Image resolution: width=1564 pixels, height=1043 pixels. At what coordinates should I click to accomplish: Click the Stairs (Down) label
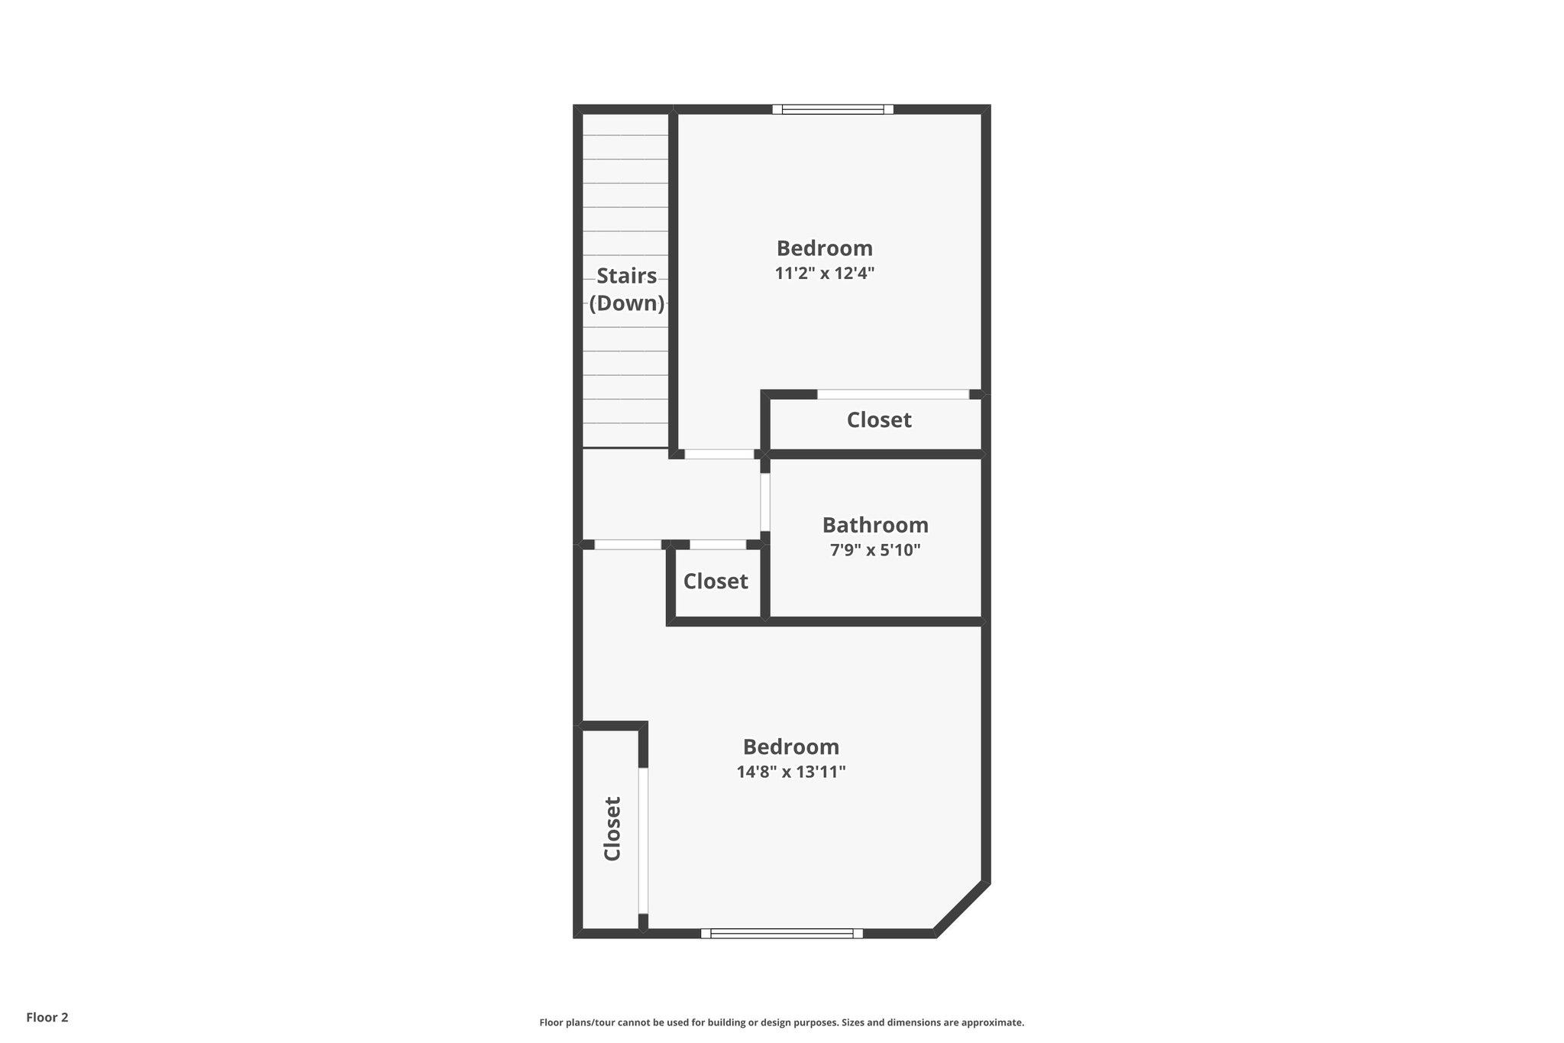626,289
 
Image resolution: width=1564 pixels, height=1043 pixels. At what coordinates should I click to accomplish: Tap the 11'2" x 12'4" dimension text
824,273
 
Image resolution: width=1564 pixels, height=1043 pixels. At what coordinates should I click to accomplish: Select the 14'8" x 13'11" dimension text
790,772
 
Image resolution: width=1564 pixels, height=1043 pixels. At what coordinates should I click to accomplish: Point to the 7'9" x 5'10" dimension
875,549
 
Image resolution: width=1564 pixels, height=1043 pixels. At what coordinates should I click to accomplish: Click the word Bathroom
875,525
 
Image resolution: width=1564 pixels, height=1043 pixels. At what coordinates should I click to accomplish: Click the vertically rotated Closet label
612,828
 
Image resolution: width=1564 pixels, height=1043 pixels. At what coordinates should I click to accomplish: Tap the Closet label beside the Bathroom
716,581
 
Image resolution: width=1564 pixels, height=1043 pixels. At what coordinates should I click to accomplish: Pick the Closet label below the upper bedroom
879,419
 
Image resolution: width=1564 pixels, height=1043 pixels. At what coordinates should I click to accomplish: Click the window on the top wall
832,109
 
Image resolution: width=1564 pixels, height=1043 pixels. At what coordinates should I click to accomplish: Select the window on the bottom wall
781,933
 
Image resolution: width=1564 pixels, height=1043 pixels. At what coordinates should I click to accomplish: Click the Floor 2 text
47,1017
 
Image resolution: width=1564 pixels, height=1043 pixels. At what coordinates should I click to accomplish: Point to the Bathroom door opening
764,502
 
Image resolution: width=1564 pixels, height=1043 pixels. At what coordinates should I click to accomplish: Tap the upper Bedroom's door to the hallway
719,454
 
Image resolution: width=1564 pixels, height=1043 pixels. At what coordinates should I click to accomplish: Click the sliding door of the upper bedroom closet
893,394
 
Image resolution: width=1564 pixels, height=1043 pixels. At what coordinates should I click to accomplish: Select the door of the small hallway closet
717,545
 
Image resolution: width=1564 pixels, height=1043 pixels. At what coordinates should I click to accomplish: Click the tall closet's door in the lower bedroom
643,841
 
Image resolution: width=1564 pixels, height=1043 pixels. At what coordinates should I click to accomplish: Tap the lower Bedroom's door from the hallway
628,545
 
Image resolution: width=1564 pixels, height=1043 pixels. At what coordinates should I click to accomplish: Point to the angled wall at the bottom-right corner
962,909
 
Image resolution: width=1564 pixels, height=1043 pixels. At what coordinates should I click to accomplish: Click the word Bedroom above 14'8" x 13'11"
790,747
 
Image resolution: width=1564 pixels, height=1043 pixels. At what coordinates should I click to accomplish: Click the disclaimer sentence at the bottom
781,1022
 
